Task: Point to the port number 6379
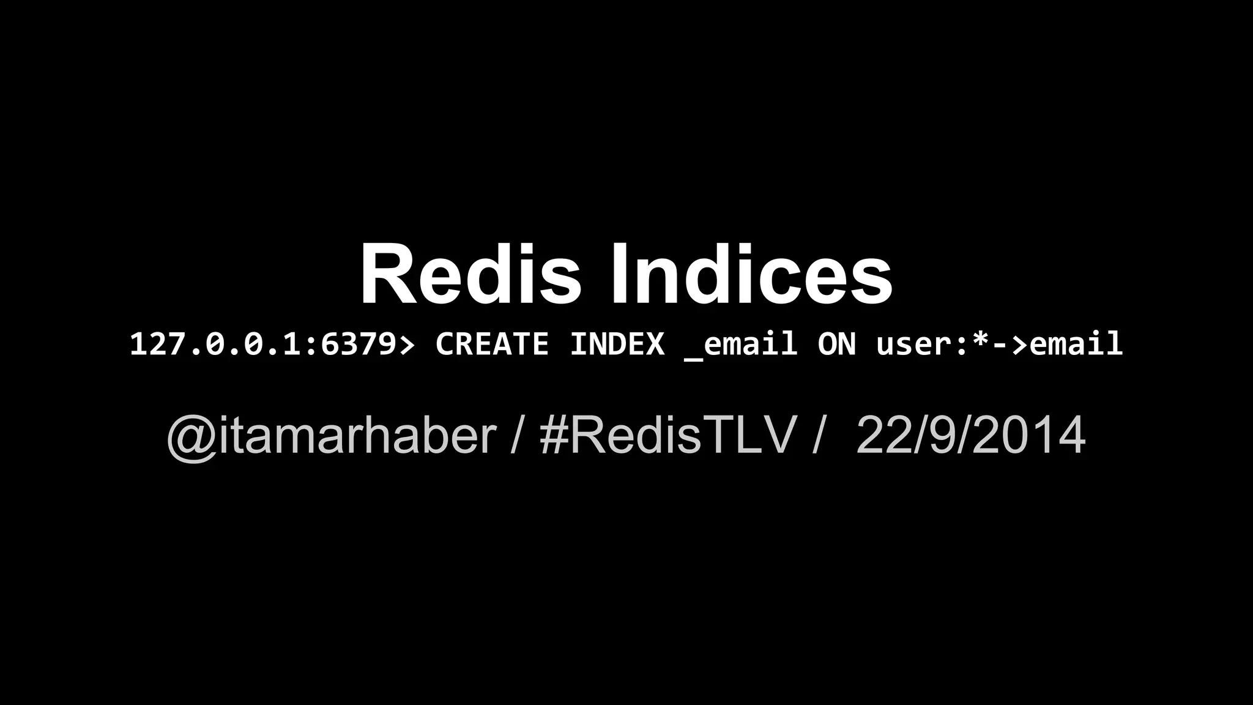point(359,344)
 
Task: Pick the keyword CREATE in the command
point(492,344)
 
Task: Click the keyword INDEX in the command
point(617,344)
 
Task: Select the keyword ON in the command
point(836,344)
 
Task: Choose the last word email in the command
point(1076,344)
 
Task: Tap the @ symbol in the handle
point(190,437)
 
